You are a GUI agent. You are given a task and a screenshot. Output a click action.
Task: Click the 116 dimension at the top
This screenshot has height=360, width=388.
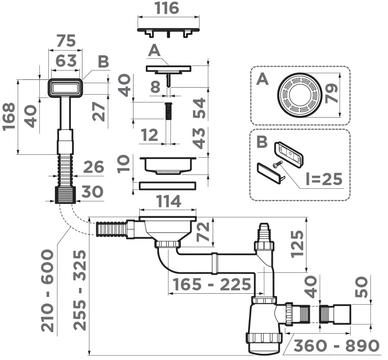click(x=168, y=8)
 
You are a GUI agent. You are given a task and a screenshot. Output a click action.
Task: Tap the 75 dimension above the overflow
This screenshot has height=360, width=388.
click(x=66, y=41)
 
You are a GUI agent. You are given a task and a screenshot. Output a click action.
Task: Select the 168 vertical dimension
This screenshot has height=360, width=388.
click(x=9, y=117)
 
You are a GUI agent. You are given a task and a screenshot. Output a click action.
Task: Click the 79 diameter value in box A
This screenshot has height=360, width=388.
click(x=332, y=94)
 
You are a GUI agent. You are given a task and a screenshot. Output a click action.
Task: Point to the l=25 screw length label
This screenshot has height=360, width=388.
click(x=324, y=179)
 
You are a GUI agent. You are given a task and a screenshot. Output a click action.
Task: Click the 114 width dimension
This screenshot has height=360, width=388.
click(x=168, y=201)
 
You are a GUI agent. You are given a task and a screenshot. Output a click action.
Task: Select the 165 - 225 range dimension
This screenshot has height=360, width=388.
click(x=211, y=284)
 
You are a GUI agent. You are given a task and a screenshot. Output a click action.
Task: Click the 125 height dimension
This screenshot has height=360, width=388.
click(x=298, y=244)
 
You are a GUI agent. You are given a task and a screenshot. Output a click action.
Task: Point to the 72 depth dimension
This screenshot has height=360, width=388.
click(x=204, y=231)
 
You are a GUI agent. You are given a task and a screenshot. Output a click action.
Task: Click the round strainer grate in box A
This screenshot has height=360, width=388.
click(x=300, y=95)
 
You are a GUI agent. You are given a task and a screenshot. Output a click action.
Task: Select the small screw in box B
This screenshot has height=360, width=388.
click(x=277, y=165)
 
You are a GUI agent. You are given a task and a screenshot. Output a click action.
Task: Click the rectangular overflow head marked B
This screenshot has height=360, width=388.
click(x=66, y=88)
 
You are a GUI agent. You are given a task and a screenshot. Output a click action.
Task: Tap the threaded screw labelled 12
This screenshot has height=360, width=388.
click(x=168, y=111)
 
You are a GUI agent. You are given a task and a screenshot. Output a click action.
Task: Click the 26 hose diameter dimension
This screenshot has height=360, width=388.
click(x=93, y=168)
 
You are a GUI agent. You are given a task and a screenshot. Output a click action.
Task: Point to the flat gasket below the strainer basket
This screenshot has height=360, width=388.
click(x=168, y=186)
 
